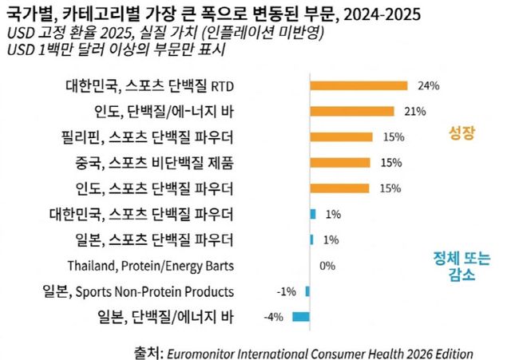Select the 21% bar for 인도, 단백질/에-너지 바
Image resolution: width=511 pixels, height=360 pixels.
point(351,112)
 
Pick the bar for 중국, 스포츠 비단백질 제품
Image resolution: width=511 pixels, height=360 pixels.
point(340,163)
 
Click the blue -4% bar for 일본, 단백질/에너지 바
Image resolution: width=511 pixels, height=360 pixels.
point(301,317)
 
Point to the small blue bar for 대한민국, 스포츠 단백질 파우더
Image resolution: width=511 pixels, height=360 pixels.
point(313,214)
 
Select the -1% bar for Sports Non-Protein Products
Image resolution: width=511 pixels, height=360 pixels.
point(307,291)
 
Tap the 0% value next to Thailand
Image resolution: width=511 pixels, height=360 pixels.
point(327,266)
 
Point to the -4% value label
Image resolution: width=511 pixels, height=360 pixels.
point(273,318)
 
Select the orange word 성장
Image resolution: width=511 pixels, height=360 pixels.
point(464,135)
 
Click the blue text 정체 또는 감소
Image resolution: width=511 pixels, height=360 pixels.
point(462,267)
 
